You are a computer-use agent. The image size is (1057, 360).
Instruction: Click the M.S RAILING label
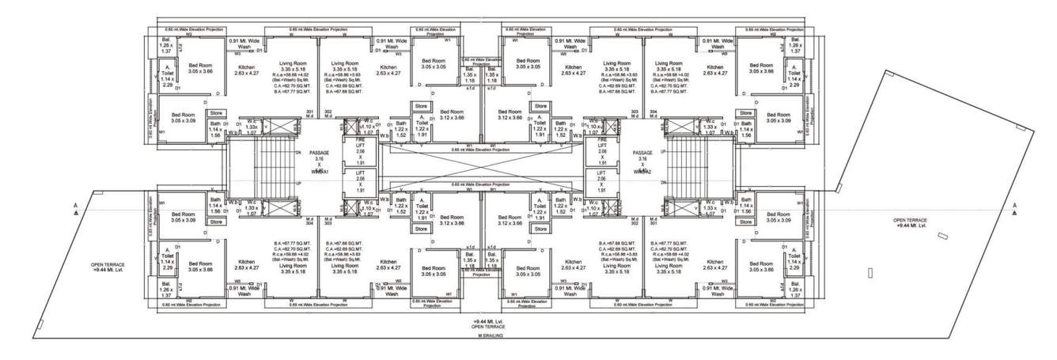coord(490,335)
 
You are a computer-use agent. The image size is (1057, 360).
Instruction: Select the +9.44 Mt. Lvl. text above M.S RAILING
coord(483,320)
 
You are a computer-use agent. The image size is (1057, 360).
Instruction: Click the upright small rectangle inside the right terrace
coord(869,273)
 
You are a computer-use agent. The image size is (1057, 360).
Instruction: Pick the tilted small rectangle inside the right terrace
coord(941,236)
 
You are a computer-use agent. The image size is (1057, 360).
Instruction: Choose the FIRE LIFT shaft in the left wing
coord(360,150)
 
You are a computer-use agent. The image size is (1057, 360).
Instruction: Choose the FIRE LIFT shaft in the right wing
coord(603,150)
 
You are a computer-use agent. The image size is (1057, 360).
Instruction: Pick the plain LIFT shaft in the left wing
coord(360,181)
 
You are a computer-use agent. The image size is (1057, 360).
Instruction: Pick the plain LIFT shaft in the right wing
coord(603,181)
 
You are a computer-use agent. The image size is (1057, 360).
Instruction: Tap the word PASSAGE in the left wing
coord(319,152)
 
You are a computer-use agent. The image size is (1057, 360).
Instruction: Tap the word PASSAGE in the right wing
coord(642,152)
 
